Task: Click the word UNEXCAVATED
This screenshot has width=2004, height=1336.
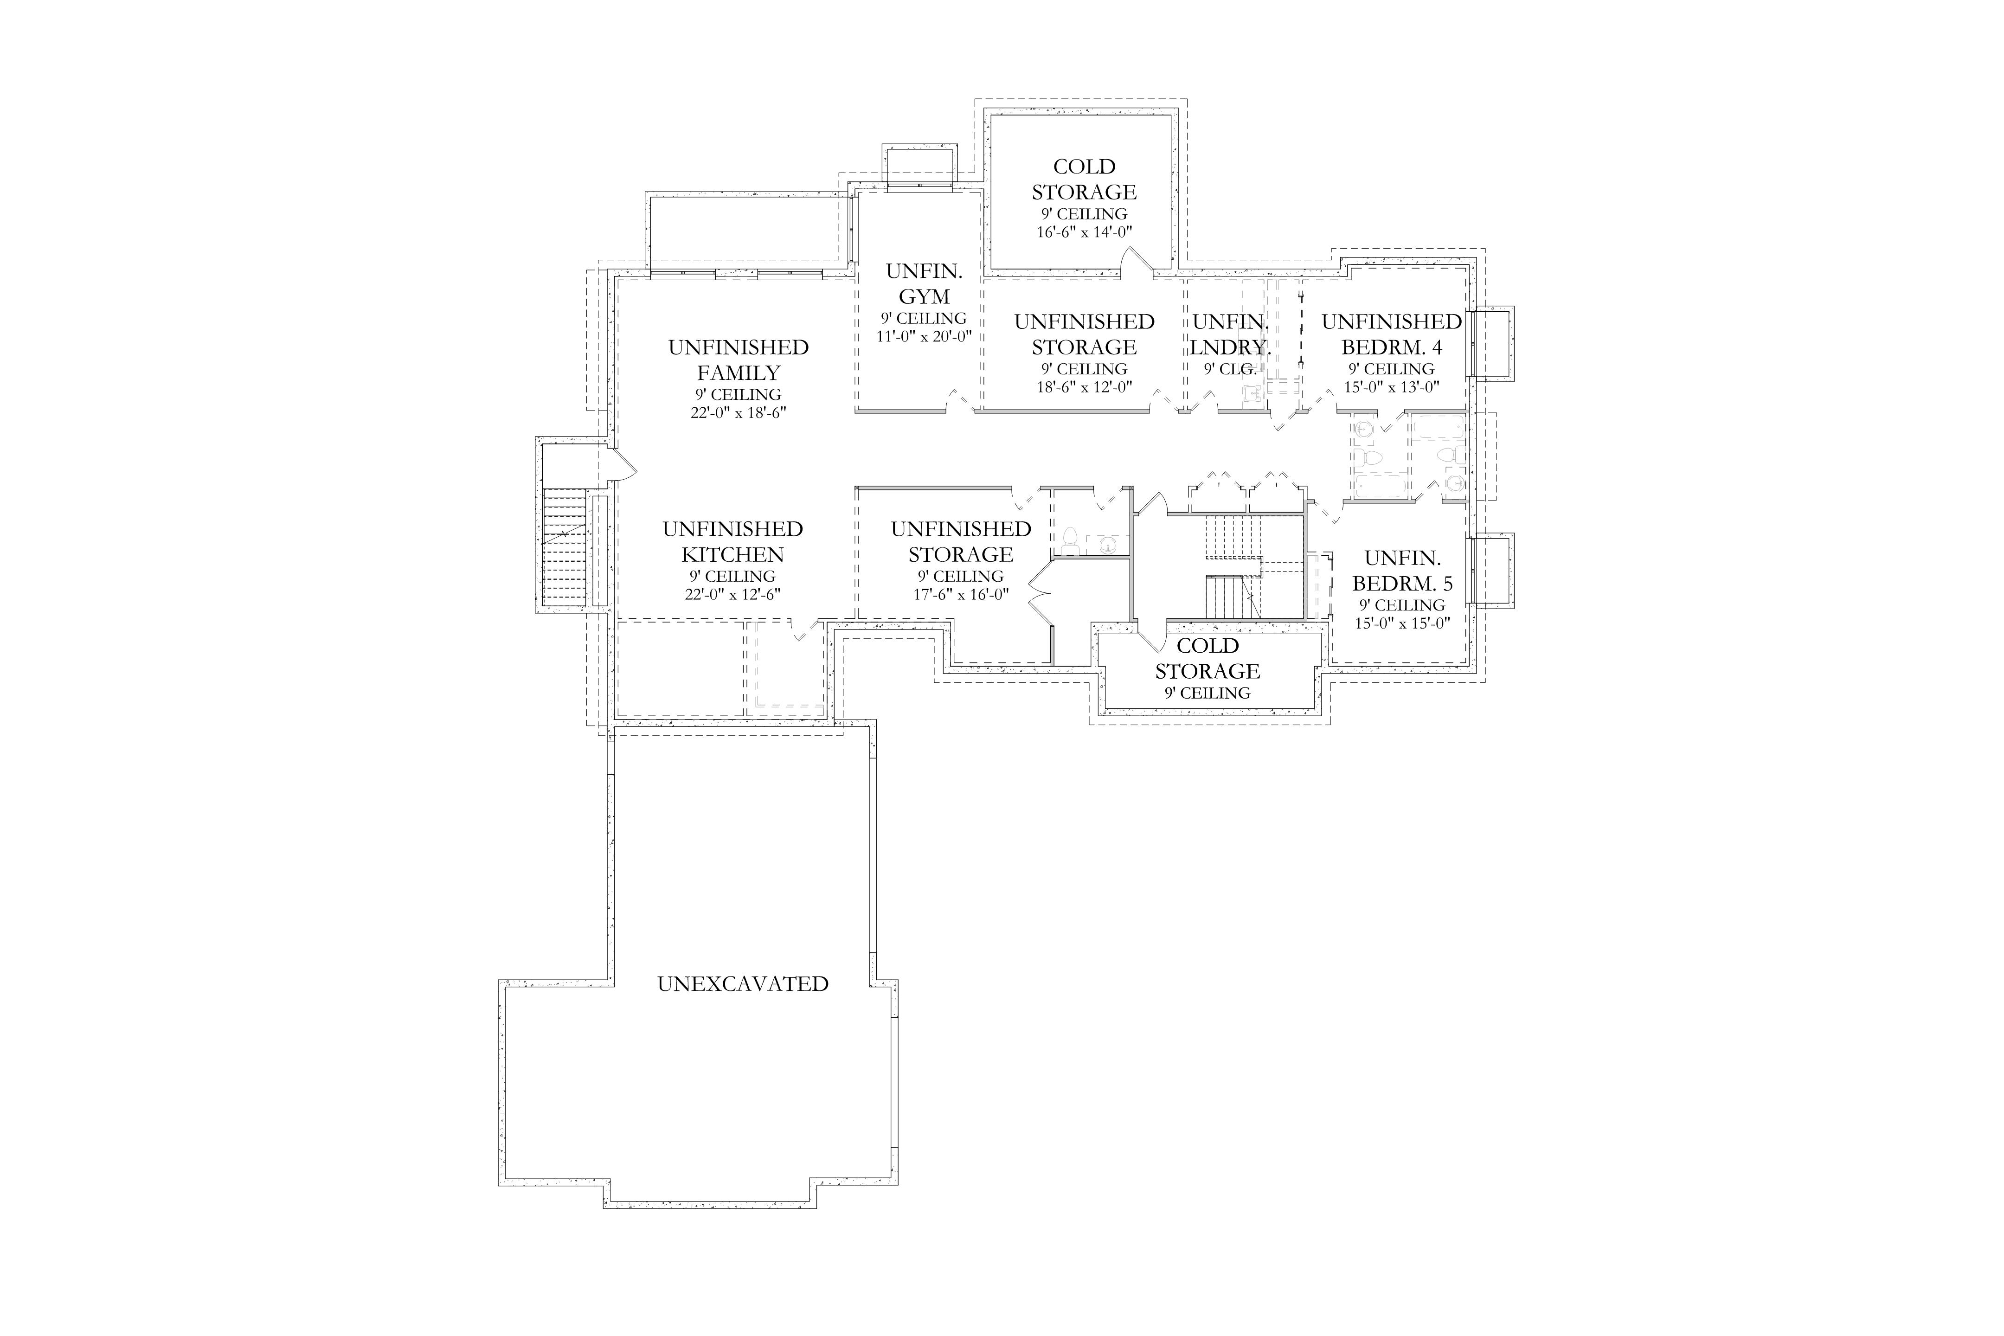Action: point(743,984)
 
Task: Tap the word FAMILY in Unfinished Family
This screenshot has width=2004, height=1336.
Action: point(739,373)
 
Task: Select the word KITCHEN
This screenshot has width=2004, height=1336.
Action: point(733,555)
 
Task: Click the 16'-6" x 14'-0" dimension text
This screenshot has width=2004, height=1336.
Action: point(1084,232)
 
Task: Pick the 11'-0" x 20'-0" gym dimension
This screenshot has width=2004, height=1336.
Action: point(925,336)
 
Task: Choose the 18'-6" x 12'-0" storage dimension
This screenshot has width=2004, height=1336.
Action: point(1084,387)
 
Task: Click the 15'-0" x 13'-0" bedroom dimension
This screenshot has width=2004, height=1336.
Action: point(1391,387)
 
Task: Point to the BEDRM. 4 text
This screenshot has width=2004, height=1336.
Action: point(1391,347)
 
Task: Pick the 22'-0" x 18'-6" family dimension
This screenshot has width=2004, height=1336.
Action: point(739,412)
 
